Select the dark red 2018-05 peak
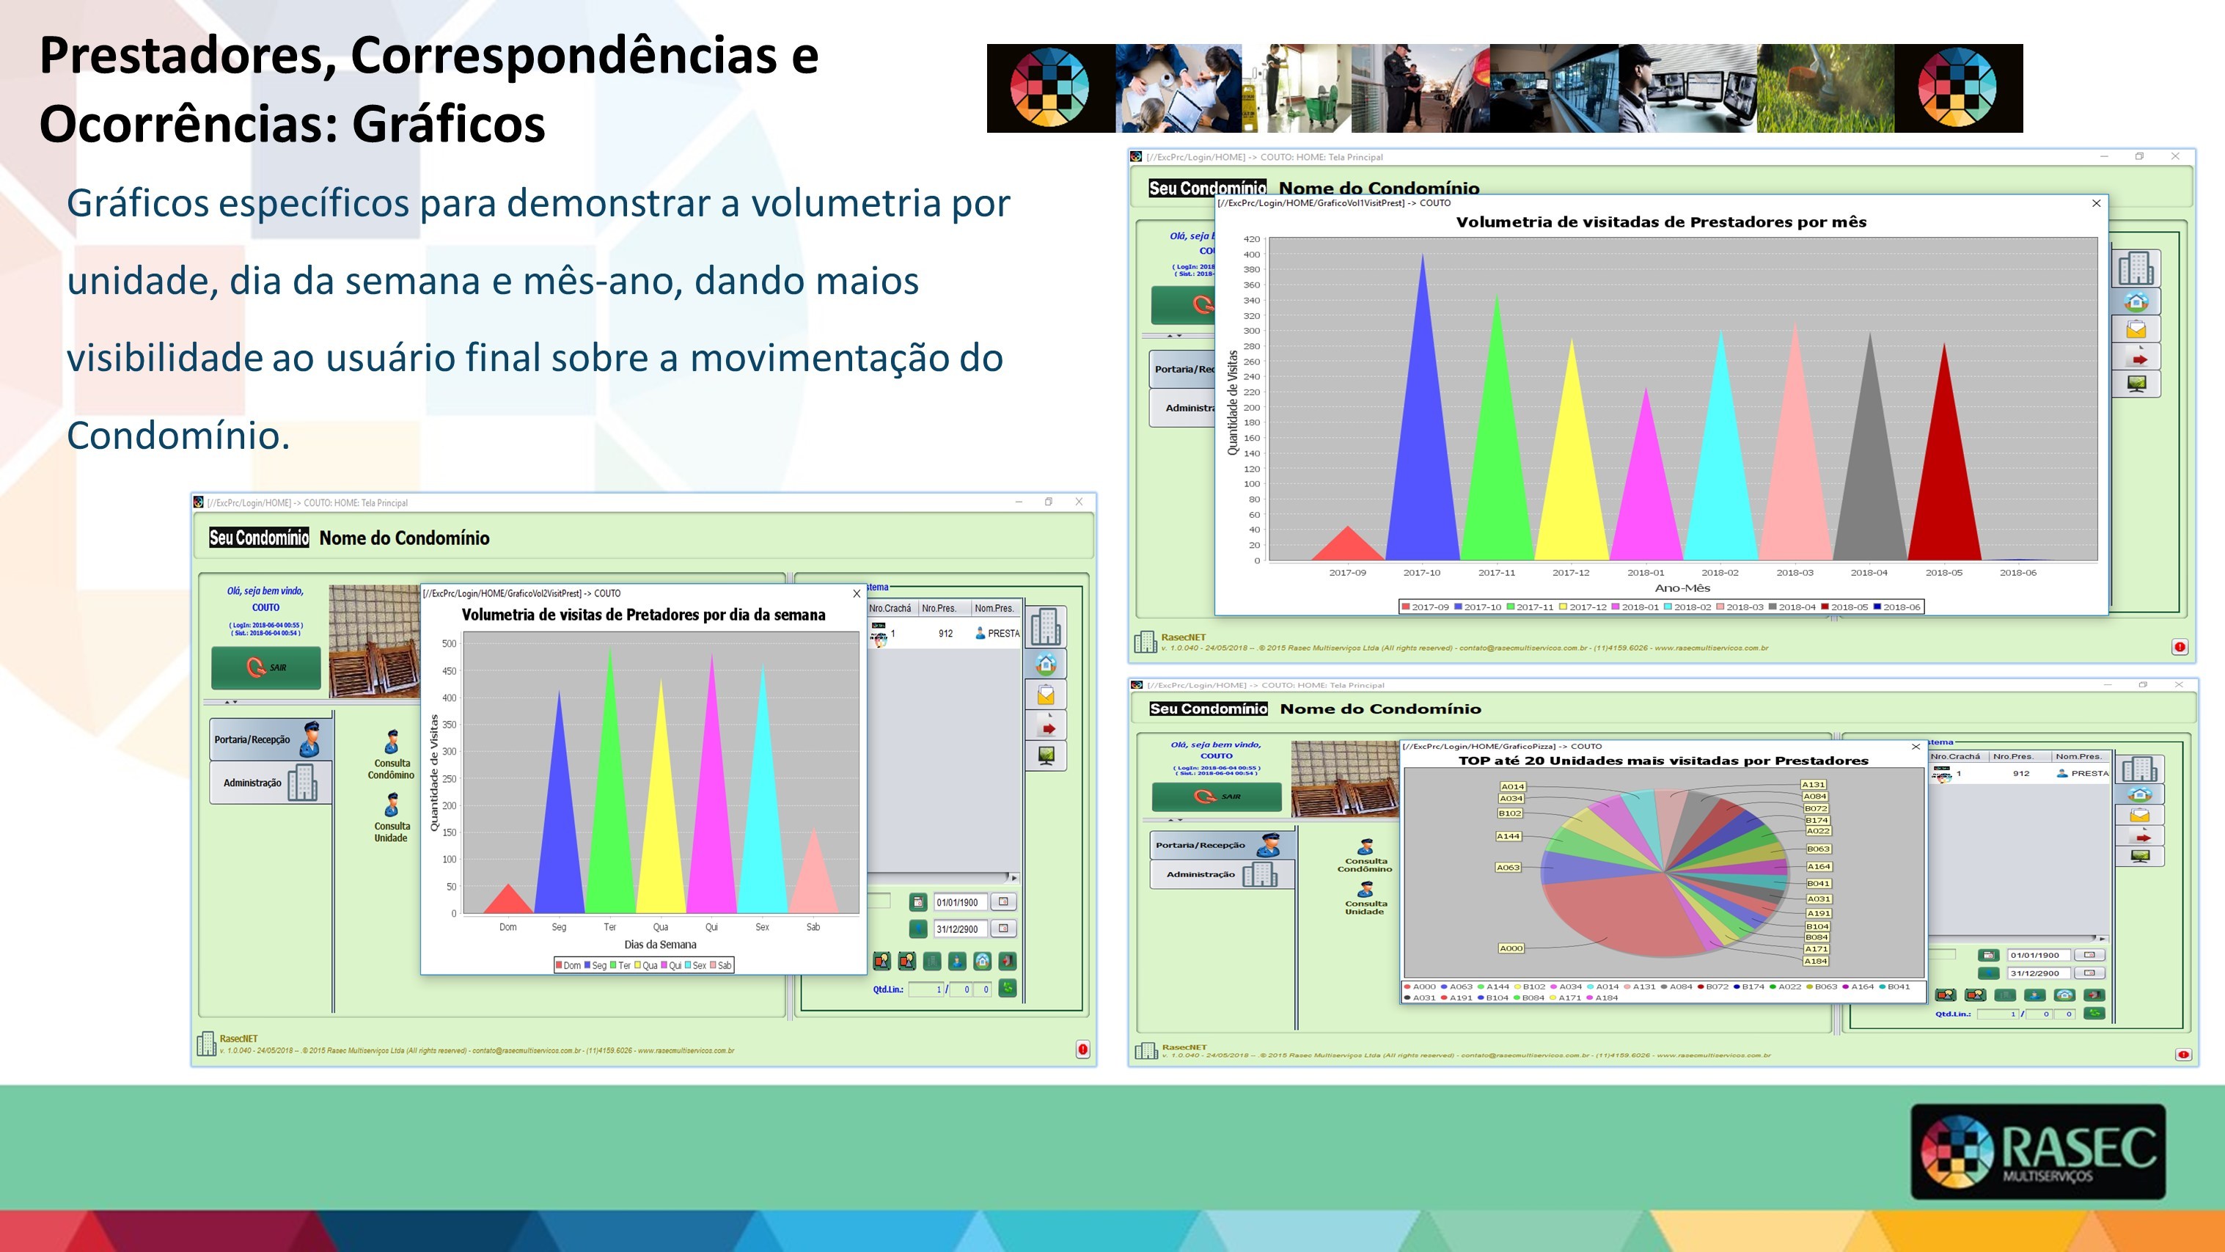click(1944, 475)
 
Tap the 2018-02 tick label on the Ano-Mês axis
click(1720, 573)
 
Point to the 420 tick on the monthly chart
click(1252, 239)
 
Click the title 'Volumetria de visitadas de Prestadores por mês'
click(1661, 222)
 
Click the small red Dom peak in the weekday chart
click(508, 901)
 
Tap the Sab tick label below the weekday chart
click(813, 927)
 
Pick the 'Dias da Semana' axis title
click(660, 945)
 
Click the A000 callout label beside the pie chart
click(1511, 948)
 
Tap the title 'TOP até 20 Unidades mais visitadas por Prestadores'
click(1663, 761)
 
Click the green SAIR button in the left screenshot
click(266, 667)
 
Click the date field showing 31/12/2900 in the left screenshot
click(958, 929)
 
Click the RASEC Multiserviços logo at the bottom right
click(2037, 1151)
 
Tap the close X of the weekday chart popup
click(856, 593)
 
